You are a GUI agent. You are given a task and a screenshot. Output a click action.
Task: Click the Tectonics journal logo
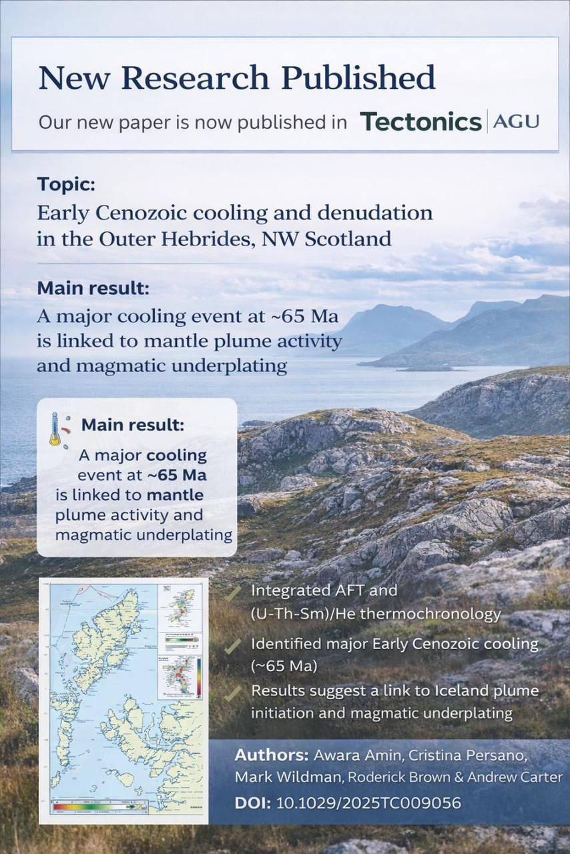(x=420, y=121)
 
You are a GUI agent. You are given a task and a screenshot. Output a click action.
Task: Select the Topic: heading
(x=67, y=184)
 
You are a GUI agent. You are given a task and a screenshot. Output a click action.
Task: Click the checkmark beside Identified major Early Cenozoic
(x=233, y=646)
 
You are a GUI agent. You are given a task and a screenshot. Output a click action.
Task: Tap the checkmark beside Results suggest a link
(x=233, y=693)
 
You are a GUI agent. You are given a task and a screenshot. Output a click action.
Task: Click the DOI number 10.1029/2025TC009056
(x=368, y=803)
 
